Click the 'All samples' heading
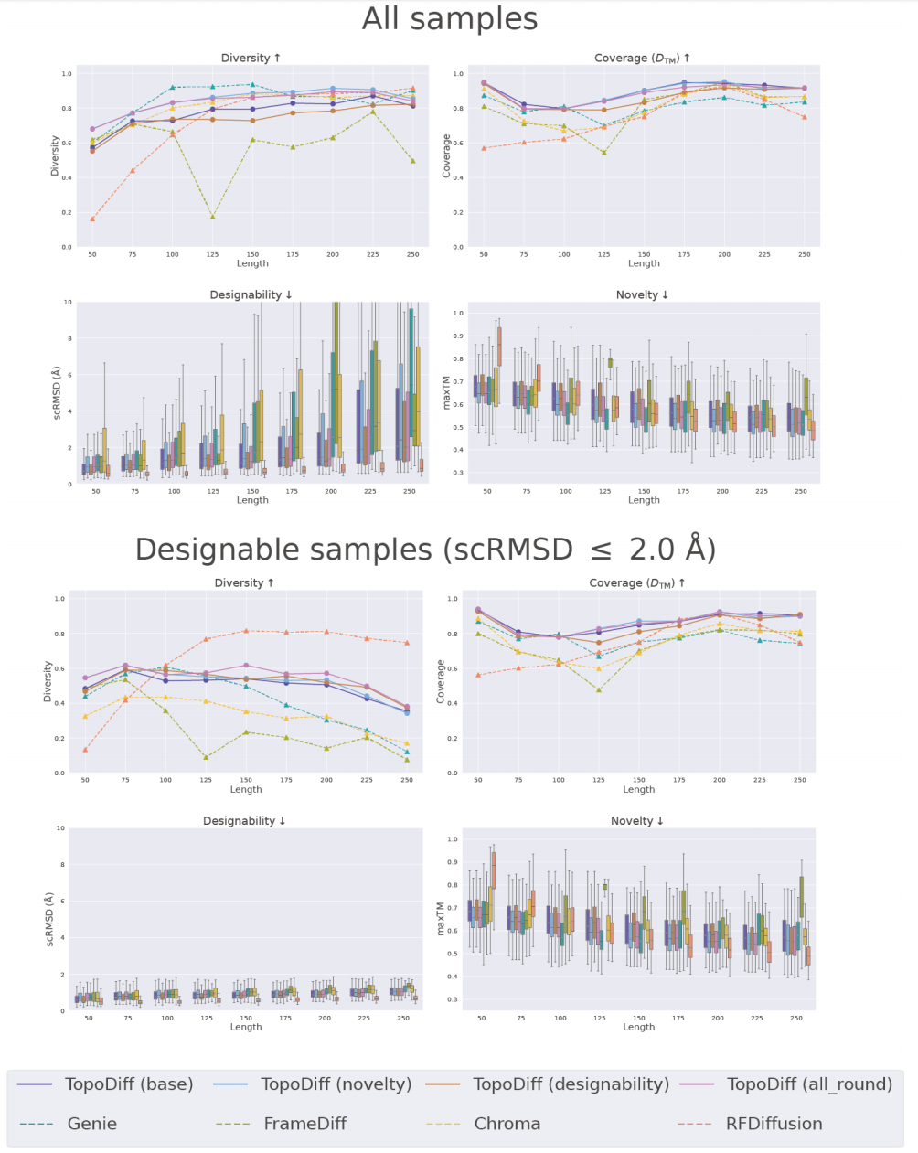point(450,19)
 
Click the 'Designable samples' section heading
point(425,550)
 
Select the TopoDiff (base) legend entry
point(129,1084)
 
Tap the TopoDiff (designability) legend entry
point(571,1084)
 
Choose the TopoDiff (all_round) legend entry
point(809,1084)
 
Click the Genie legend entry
point(92,1124)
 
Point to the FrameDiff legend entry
point(304,1124)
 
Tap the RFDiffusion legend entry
point(774,1124)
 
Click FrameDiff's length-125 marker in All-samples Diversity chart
point(212,217)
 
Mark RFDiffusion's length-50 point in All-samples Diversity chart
point(92,219)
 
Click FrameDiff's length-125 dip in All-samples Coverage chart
point(603,152)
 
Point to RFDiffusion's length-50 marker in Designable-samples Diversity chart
point(85,750)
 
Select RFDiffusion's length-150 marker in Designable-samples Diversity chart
point(246,631)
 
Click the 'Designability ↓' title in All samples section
point(251,294)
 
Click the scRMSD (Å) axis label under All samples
point(56,392)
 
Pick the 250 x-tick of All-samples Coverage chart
point(804,254)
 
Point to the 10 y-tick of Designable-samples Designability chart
point(61,828)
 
